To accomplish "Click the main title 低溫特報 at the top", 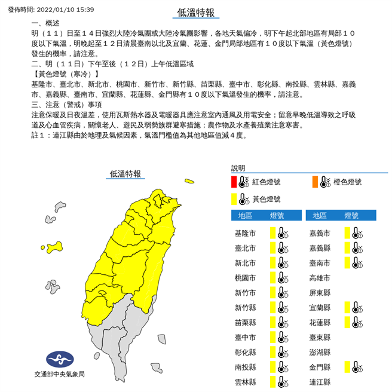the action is [195, 12].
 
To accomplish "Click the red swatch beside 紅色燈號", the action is [234, 182].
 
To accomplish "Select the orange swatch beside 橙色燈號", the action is [314, 182].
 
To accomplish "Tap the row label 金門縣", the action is [320, 366].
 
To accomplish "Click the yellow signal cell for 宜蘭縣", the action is [347, 307].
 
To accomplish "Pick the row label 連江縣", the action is [320, 381].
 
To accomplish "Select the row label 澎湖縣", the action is [320, 352].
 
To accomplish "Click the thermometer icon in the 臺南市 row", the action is [357, 262].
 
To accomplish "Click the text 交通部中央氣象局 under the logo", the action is [59, 375].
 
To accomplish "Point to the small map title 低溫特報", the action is [125, 174].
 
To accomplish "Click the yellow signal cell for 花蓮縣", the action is [347, 322].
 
